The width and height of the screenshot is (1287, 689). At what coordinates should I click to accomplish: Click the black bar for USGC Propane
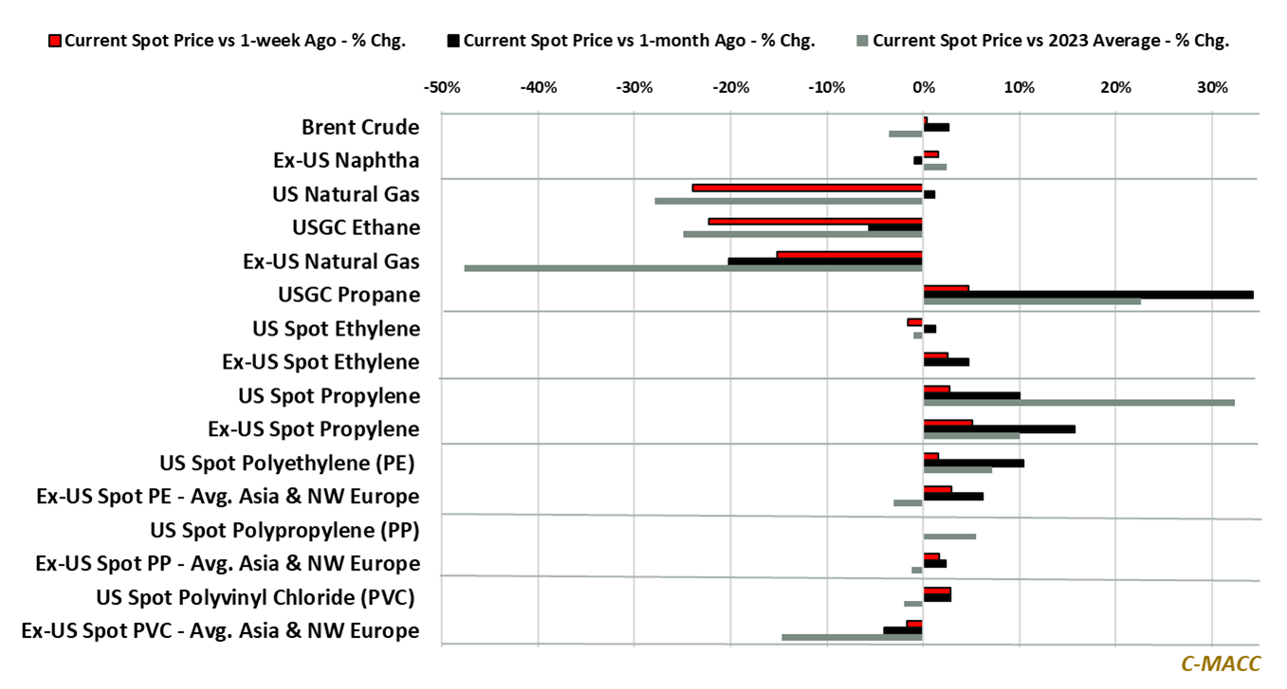click(x=1088, y=295)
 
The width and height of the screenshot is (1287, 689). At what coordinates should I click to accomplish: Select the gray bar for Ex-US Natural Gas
click(x=693, y=268)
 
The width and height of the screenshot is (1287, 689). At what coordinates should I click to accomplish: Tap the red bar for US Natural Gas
click(x=807, y=188)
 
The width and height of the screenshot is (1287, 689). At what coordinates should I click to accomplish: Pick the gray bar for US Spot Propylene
click(x=1078, y=403)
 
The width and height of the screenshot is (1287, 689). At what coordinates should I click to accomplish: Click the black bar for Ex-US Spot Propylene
click(x=999, y=429)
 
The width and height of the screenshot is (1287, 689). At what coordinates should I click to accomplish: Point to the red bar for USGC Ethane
click(x=815, y=221)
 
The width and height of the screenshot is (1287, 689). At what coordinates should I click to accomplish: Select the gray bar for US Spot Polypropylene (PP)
click(x=949, y=536)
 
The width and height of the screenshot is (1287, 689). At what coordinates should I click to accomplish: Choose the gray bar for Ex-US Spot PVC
click(x=852, y=637)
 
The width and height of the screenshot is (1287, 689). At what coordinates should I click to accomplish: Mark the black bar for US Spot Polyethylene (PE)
click(x=973, y=462)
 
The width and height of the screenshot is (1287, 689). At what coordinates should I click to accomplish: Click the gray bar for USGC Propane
click(x=1032, y=302)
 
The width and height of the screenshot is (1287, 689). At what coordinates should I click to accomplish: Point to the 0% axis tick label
click(x=923, y=88)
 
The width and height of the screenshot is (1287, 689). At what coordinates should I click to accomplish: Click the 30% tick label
click(x=1212, y=88)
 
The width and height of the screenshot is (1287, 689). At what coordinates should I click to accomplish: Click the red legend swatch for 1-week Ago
click(x=55, y=41)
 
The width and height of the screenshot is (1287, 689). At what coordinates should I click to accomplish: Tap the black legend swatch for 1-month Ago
click(x=453, y=41)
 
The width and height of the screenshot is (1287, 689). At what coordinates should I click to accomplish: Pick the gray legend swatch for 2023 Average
click(x=862, y=41)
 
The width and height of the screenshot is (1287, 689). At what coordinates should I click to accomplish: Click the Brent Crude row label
click(x=360, y=127)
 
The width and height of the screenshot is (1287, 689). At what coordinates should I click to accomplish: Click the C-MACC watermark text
click(x=1221, y=664)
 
